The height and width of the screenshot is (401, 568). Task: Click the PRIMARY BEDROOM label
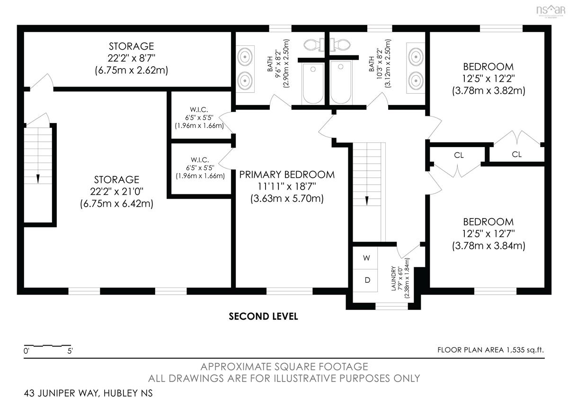287,174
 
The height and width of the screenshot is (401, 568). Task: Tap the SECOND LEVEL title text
263,316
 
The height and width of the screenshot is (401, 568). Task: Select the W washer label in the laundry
366,258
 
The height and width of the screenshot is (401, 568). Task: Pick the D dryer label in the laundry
367,280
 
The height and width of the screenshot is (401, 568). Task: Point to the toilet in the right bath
340,45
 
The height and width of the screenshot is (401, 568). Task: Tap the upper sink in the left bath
245,57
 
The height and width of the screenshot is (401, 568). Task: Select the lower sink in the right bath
416,80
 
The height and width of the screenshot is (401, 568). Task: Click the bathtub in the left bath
313,84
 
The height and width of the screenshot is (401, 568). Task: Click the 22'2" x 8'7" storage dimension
132,58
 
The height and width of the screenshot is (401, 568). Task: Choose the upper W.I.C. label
199,110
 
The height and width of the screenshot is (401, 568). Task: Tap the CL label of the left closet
459,155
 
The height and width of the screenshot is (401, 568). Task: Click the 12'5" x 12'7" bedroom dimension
488,234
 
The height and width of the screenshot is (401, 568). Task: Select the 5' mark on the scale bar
70,351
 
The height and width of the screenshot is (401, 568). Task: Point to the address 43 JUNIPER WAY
61,393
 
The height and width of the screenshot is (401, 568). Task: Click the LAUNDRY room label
393,278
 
